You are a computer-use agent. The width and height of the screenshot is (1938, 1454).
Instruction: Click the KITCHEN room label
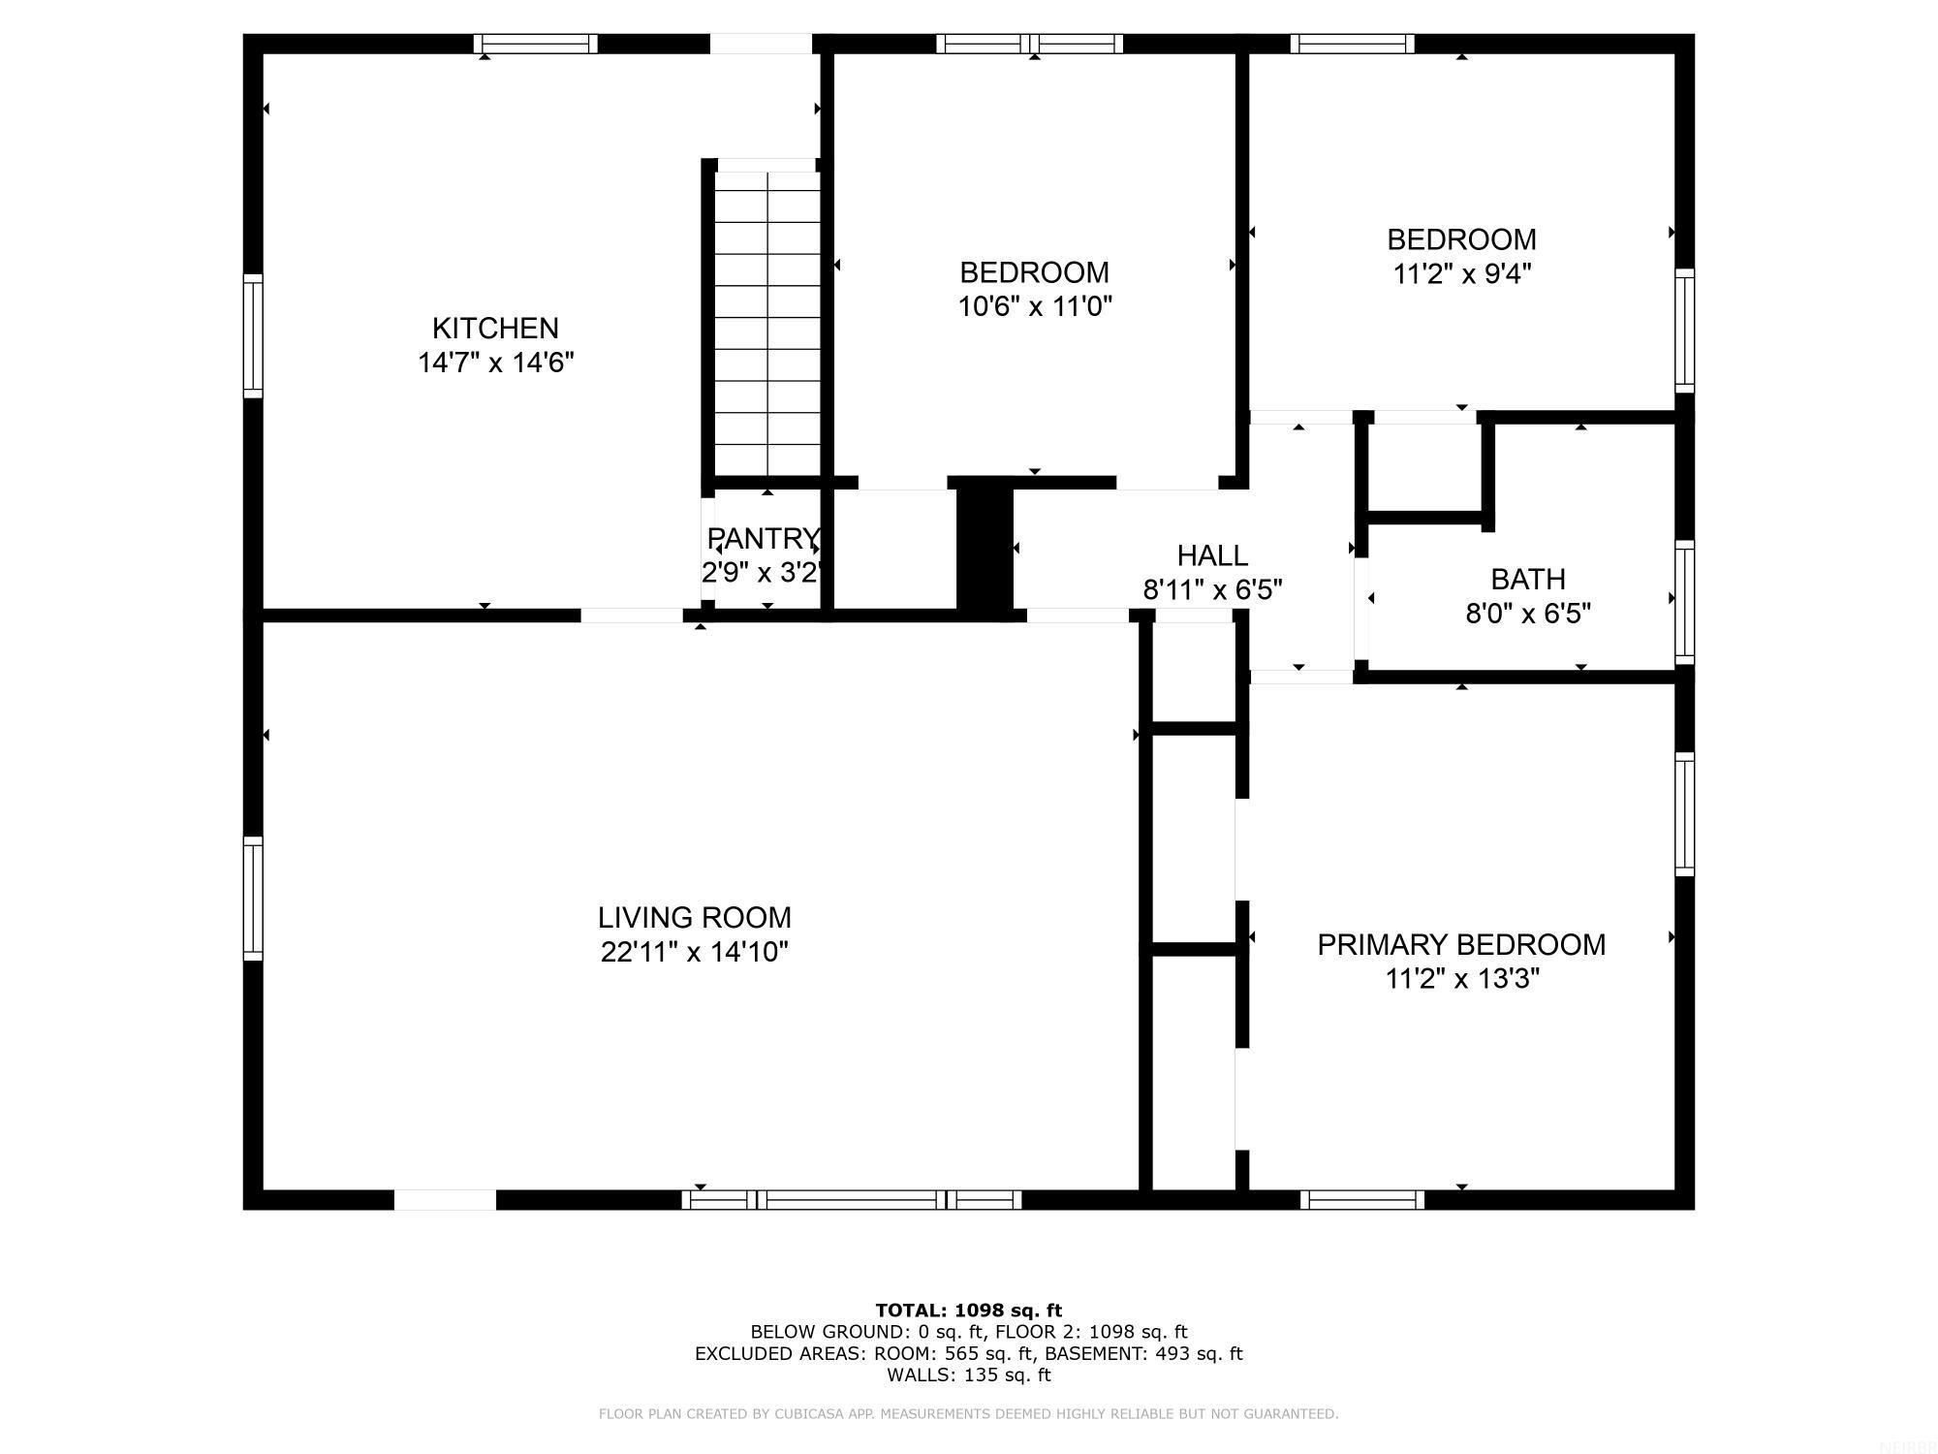(495, 328)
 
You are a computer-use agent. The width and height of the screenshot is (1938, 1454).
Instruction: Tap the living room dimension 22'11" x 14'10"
(694, 952)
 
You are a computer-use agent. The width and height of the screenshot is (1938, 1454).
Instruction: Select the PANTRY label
(763, 538)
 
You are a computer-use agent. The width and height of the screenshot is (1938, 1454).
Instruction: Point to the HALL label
(1211, 555)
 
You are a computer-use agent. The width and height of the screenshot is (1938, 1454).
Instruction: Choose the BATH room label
(1527, 579)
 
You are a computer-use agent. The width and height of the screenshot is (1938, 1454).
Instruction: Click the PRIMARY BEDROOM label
(1460, 944)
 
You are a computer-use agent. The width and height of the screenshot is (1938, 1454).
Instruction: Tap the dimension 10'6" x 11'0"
(1034, 307)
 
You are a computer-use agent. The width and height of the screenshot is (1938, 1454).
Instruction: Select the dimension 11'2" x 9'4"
(1461, 274)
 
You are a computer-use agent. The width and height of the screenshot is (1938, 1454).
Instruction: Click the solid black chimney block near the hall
(985, 548)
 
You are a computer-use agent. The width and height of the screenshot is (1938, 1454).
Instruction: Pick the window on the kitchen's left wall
(253, 335)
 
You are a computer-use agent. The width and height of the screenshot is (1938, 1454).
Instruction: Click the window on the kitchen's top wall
(535, 44)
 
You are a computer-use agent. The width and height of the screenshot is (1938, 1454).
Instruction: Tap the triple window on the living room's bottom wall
(852, 1200)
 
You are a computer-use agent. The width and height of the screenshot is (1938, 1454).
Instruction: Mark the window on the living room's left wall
(253, 898)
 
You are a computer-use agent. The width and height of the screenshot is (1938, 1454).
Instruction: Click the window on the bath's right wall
(1685, 602)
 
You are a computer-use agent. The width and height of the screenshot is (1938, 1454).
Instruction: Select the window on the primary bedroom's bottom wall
(1361, 1200)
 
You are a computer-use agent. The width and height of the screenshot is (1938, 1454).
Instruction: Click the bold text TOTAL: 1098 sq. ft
(968, 1311)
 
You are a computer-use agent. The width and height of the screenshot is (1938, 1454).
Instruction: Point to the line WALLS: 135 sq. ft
(968, 1375)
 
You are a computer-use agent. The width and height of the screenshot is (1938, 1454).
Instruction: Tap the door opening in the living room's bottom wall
(445, 1200)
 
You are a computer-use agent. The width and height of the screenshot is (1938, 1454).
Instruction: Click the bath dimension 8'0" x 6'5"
(1527, 614)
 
